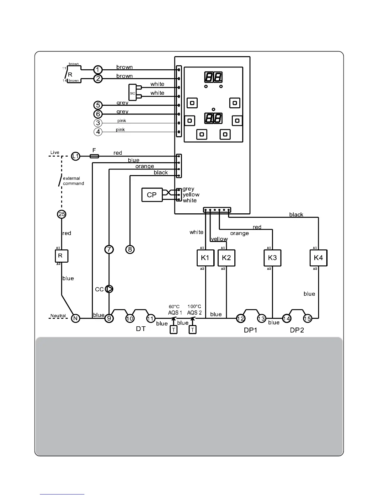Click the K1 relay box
pyautogui.click(x=205, y=258)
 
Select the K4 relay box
pyautogui.click(x=318, y=258)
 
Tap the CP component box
pyautogui.click(x=152, y=195)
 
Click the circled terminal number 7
pyautogui.click(x=109, y=249)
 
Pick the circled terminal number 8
pyautogui.click(x=130, y=249)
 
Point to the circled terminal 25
pyautogui.click(x=62, y=214)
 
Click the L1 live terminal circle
pyautogui.click(x=76, y=156)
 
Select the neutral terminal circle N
pyautogui.click(x=75, y=318)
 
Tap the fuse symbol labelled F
pyautogui.click(x=94, y=156)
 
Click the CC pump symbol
pyautogui.click(x=109, y=289)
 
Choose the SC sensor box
pyautogui.click(x=132, y=92)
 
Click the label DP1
pyautogui.click(x=250, y=330)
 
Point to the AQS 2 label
pyautogui.click(x=194, y=313)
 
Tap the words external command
pyautogui.click(x=73, y=181)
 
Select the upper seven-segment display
pyautogui.click(x=213, y=77)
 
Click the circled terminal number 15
pyautogui.click(x=307, y=318)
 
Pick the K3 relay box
pyautogui.click(x=272, y=258)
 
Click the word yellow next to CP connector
pyautogui.click(x=191, y=195)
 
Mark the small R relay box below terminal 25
pyautogui.click(x=61, y=256)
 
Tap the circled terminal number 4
pyautogui.click(x=98, y=132)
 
